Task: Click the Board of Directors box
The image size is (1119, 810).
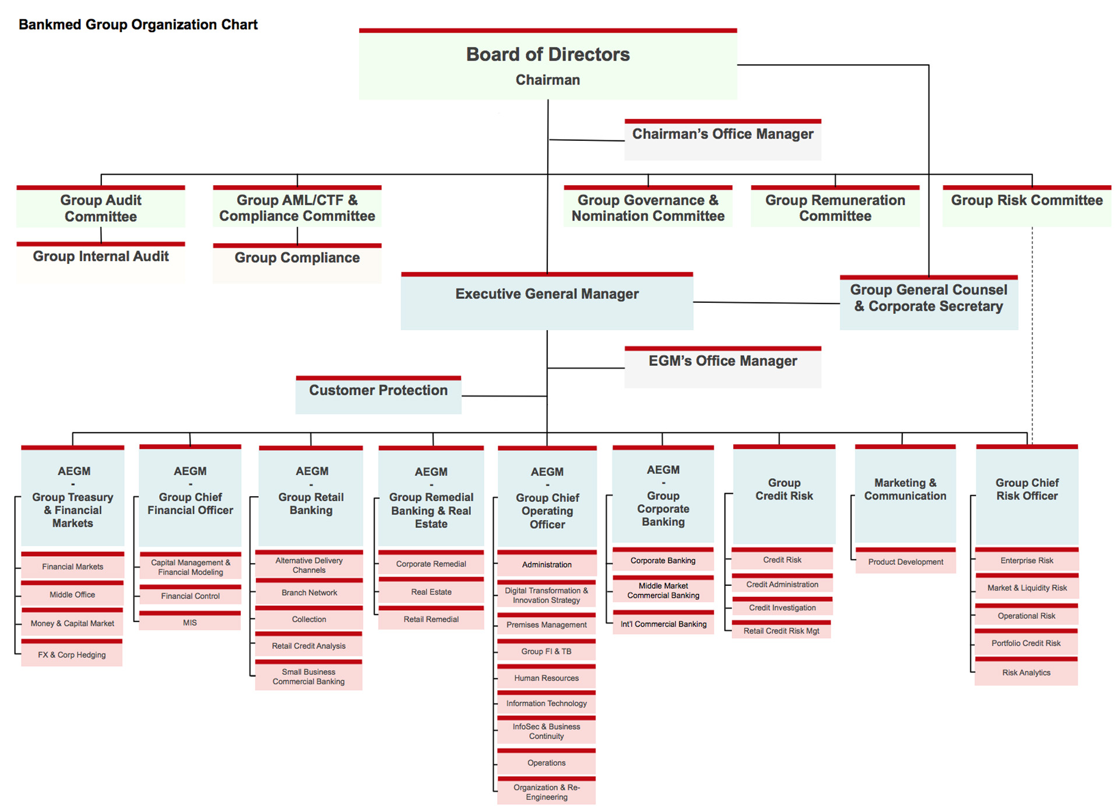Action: click(x=548, y=65)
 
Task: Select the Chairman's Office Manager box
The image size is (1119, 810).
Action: click(x=723, y=140)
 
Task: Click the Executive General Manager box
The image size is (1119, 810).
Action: click(x=547, y=301)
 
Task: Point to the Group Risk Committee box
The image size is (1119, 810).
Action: click(x=1027, y=206)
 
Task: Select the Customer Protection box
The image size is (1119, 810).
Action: click(x=378, y=395)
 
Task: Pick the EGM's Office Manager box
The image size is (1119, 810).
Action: click(x=723, y=366)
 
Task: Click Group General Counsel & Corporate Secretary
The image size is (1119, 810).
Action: click(x=928, y=302)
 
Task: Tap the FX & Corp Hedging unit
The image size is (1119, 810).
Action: click(x=72, y=654)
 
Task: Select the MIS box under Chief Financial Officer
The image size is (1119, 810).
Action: click(x=190, y=622)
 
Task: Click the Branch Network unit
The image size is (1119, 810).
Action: click(x=309, y=592)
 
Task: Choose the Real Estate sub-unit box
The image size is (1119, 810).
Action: click(x=431, y=591)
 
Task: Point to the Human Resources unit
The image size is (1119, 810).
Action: click(x=546, y=677)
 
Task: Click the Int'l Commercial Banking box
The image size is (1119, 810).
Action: click(x=663, y=623)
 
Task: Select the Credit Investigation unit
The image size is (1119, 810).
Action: click(x=782, y=607)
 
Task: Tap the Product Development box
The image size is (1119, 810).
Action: click(x=905, y=561)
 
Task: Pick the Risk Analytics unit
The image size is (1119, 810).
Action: click(x=1026, y=672)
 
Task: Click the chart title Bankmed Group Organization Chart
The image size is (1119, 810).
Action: click(x=138, y=24)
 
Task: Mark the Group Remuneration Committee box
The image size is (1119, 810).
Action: click(x=835, y=207)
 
